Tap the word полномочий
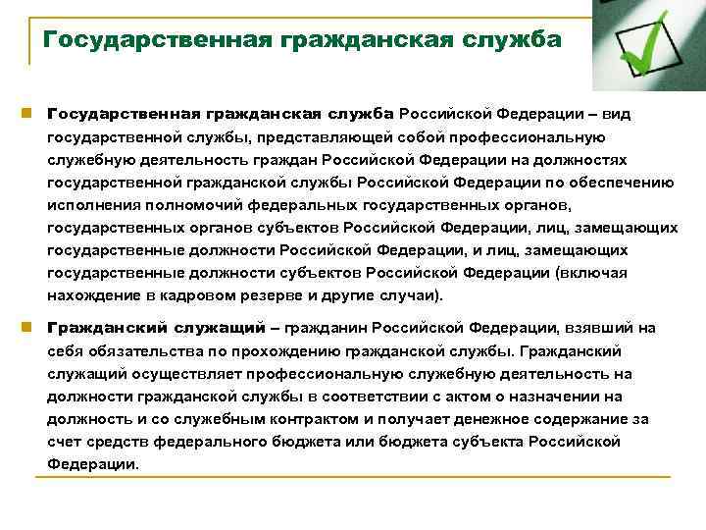tap(174, 204)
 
